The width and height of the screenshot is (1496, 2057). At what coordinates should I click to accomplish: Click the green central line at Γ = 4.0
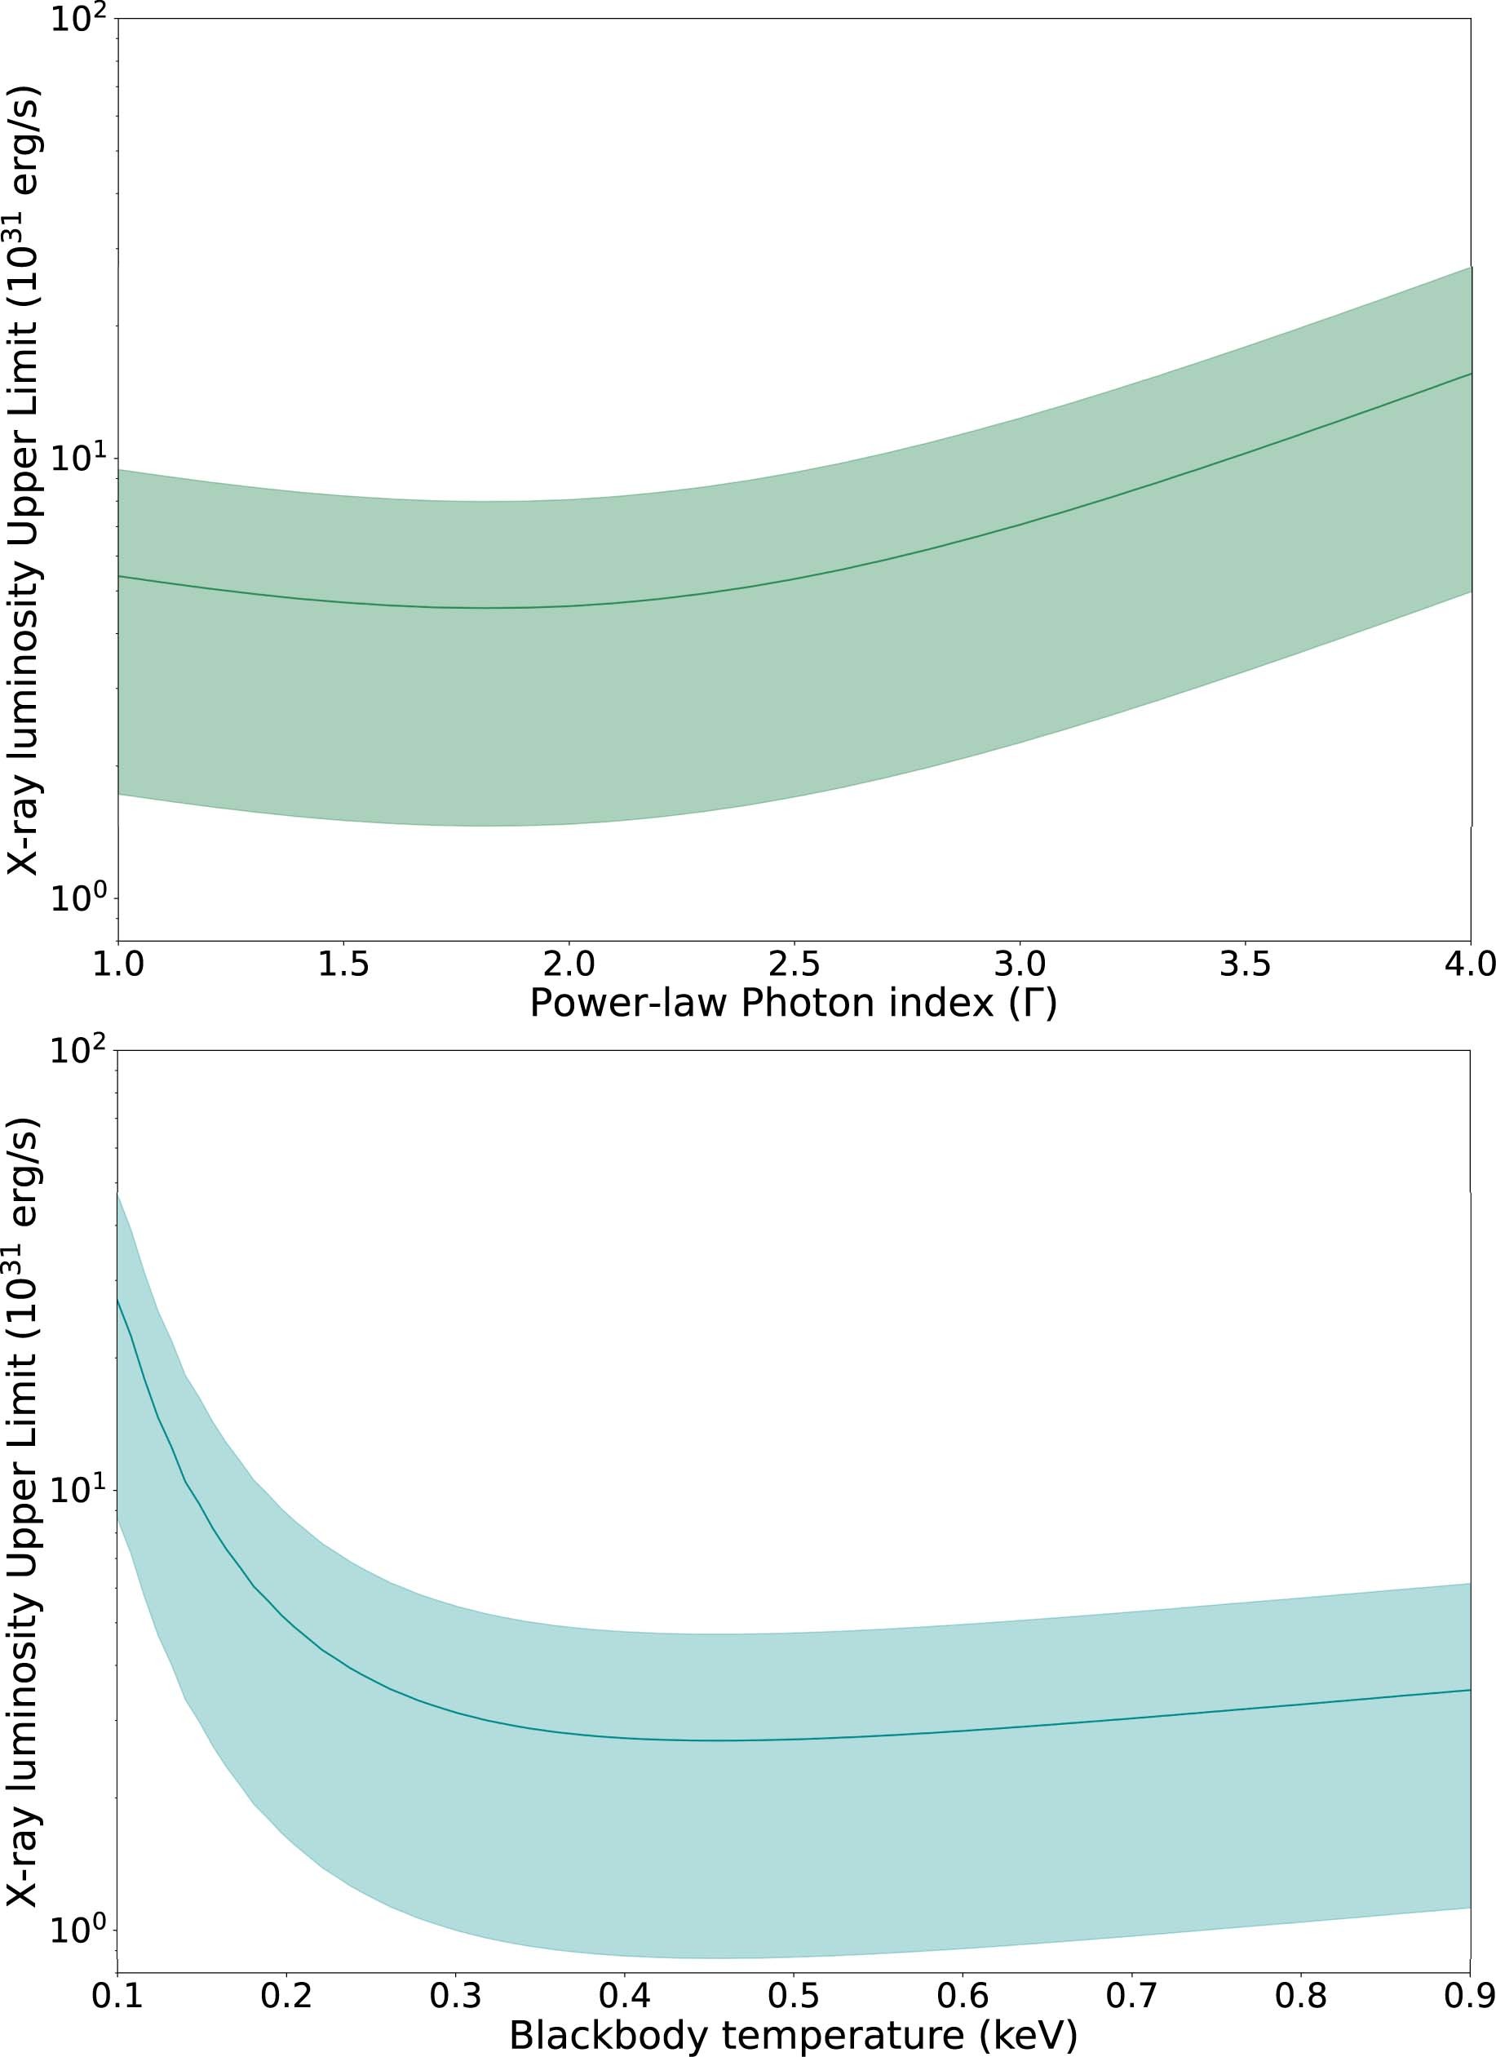1469,374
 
